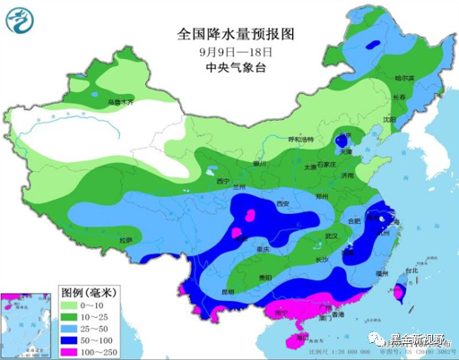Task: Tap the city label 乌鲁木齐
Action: (120, 103)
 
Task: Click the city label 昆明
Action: (230, 292)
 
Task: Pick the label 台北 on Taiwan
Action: (411, 270)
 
